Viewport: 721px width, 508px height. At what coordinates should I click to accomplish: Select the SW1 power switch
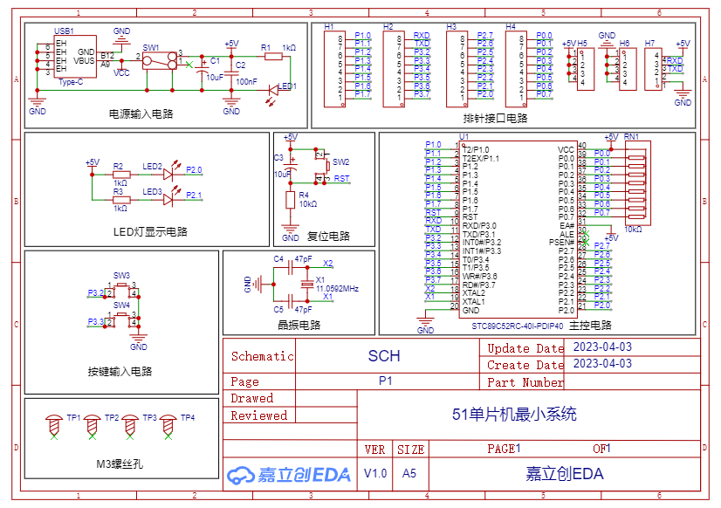[x=158, y=61]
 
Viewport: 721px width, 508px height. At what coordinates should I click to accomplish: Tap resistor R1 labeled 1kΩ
[x=273, y=57]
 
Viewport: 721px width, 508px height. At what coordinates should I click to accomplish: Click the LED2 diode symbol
[x=169, y=175]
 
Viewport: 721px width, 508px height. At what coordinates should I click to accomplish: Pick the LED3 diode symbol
[x=169, y=199]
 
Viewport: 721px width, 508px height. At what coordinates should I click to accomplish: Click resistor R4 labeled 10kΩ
[x=291, y=200]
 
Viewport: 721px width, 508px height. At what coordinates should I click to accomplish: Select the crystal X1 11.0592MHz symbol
[x=306, y=285]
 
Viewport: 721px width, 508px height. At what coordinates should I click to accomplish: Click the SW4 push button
[x=121, y=319]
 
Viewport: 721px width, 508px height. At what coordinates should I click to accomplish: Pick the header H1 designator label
[x=329, y=28]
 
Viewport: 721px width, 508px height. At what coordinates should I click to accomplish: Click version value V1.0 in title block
[x=375, y=473]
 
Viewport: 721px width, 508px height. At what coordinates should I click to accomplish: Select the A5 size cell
[x=409, y=473]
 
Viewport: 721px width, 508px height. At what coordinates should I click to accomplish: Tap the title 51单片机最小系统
[x=514, y=415]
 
